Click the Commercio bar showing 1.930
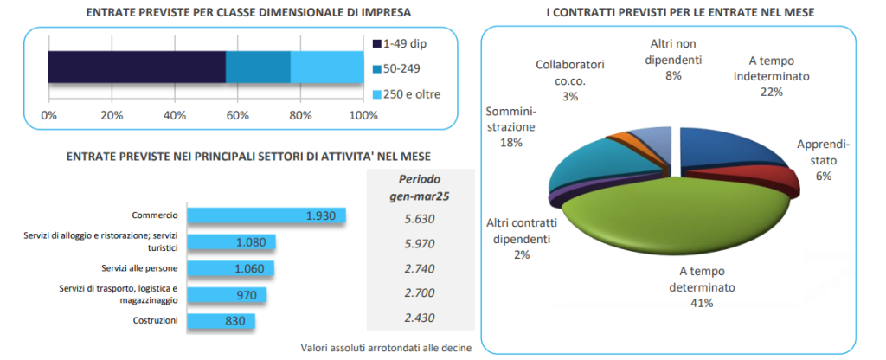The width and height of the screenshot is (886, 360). pos(266,215)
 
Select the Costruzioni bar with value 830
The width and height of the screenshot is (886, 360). pos(221,321)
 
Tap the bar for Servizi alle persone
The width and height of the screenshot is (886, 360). pos(230,268)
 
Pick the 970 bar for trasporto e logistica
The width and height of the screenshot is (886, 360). pos(227,295)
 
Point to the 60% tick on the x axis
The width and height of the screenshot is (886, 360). pos(237,115)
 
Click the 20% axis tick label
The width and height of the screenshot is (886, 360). pos(111,115)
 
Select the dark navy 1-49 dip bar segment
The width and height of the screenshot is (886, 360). pos(137,67)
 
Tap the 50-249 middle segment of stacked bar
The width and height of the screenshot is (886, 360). pos(258,67)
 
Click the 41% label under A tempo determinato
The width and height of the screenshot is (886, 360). pos(701,303)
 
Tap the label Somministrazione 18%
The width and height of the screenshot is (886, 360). pos(510,126)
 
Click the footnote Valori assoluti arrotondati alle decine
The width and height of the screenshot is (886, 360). pos(386,348)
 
